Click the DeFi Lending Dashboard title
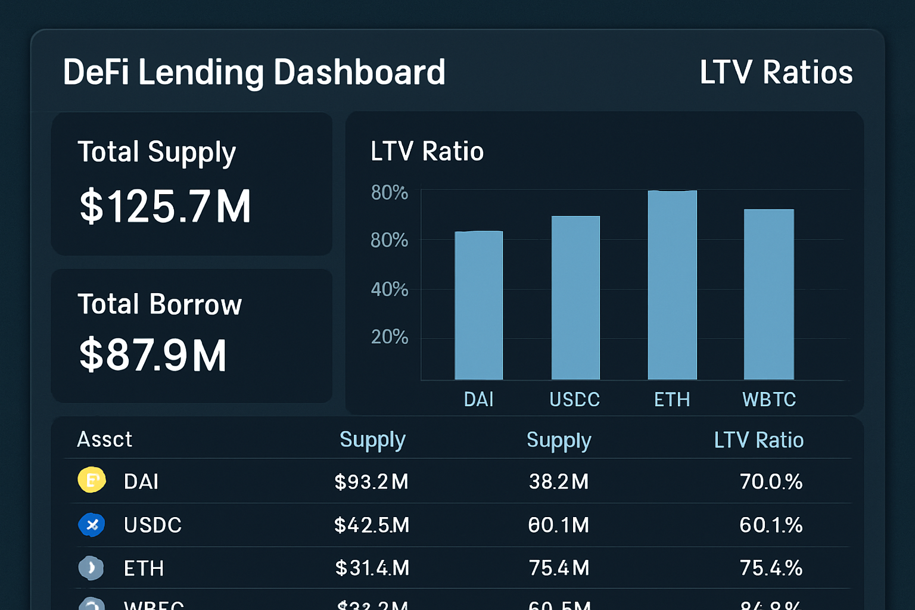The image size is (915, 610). click(254, 72)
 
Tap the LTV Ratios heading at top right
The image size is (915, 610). click(776, 72)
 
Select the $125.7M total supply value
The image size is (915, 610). click(166, 207)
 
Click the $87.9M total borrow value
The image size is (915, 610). click(153, 355)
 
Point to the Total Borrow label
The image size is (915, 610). click(160, 304)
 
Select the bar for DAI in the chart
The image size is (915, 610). click(479, 305)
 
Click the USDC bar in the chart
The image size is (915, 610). click(575, 298)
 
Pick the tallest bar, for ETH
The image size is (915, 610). click(672, 285)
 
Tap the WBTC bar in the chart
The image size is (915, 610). click(769, 294)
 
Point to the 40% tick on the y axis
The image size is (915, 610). click(390, 290)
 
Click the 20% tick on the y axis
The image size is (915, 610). click(390, 337)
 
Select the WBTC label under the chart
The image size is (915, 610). click(769, 399)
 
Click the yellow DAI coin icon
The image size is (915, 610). click(92, 480)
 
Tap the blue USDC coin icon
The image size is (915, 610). click(92, 525)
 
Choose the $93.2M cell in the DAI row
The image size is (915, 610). click(371, 481)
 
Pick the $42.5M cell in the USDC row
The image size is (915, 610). click(372, 525)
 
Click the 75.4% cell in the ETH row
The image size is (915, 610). click(771, 568)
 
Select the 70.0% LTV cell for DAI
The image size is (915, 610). click(771, 481)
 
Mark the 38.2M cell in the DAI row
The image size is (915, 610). click(559, 481)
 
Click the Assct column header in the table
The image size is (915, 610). click(105, 440)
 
